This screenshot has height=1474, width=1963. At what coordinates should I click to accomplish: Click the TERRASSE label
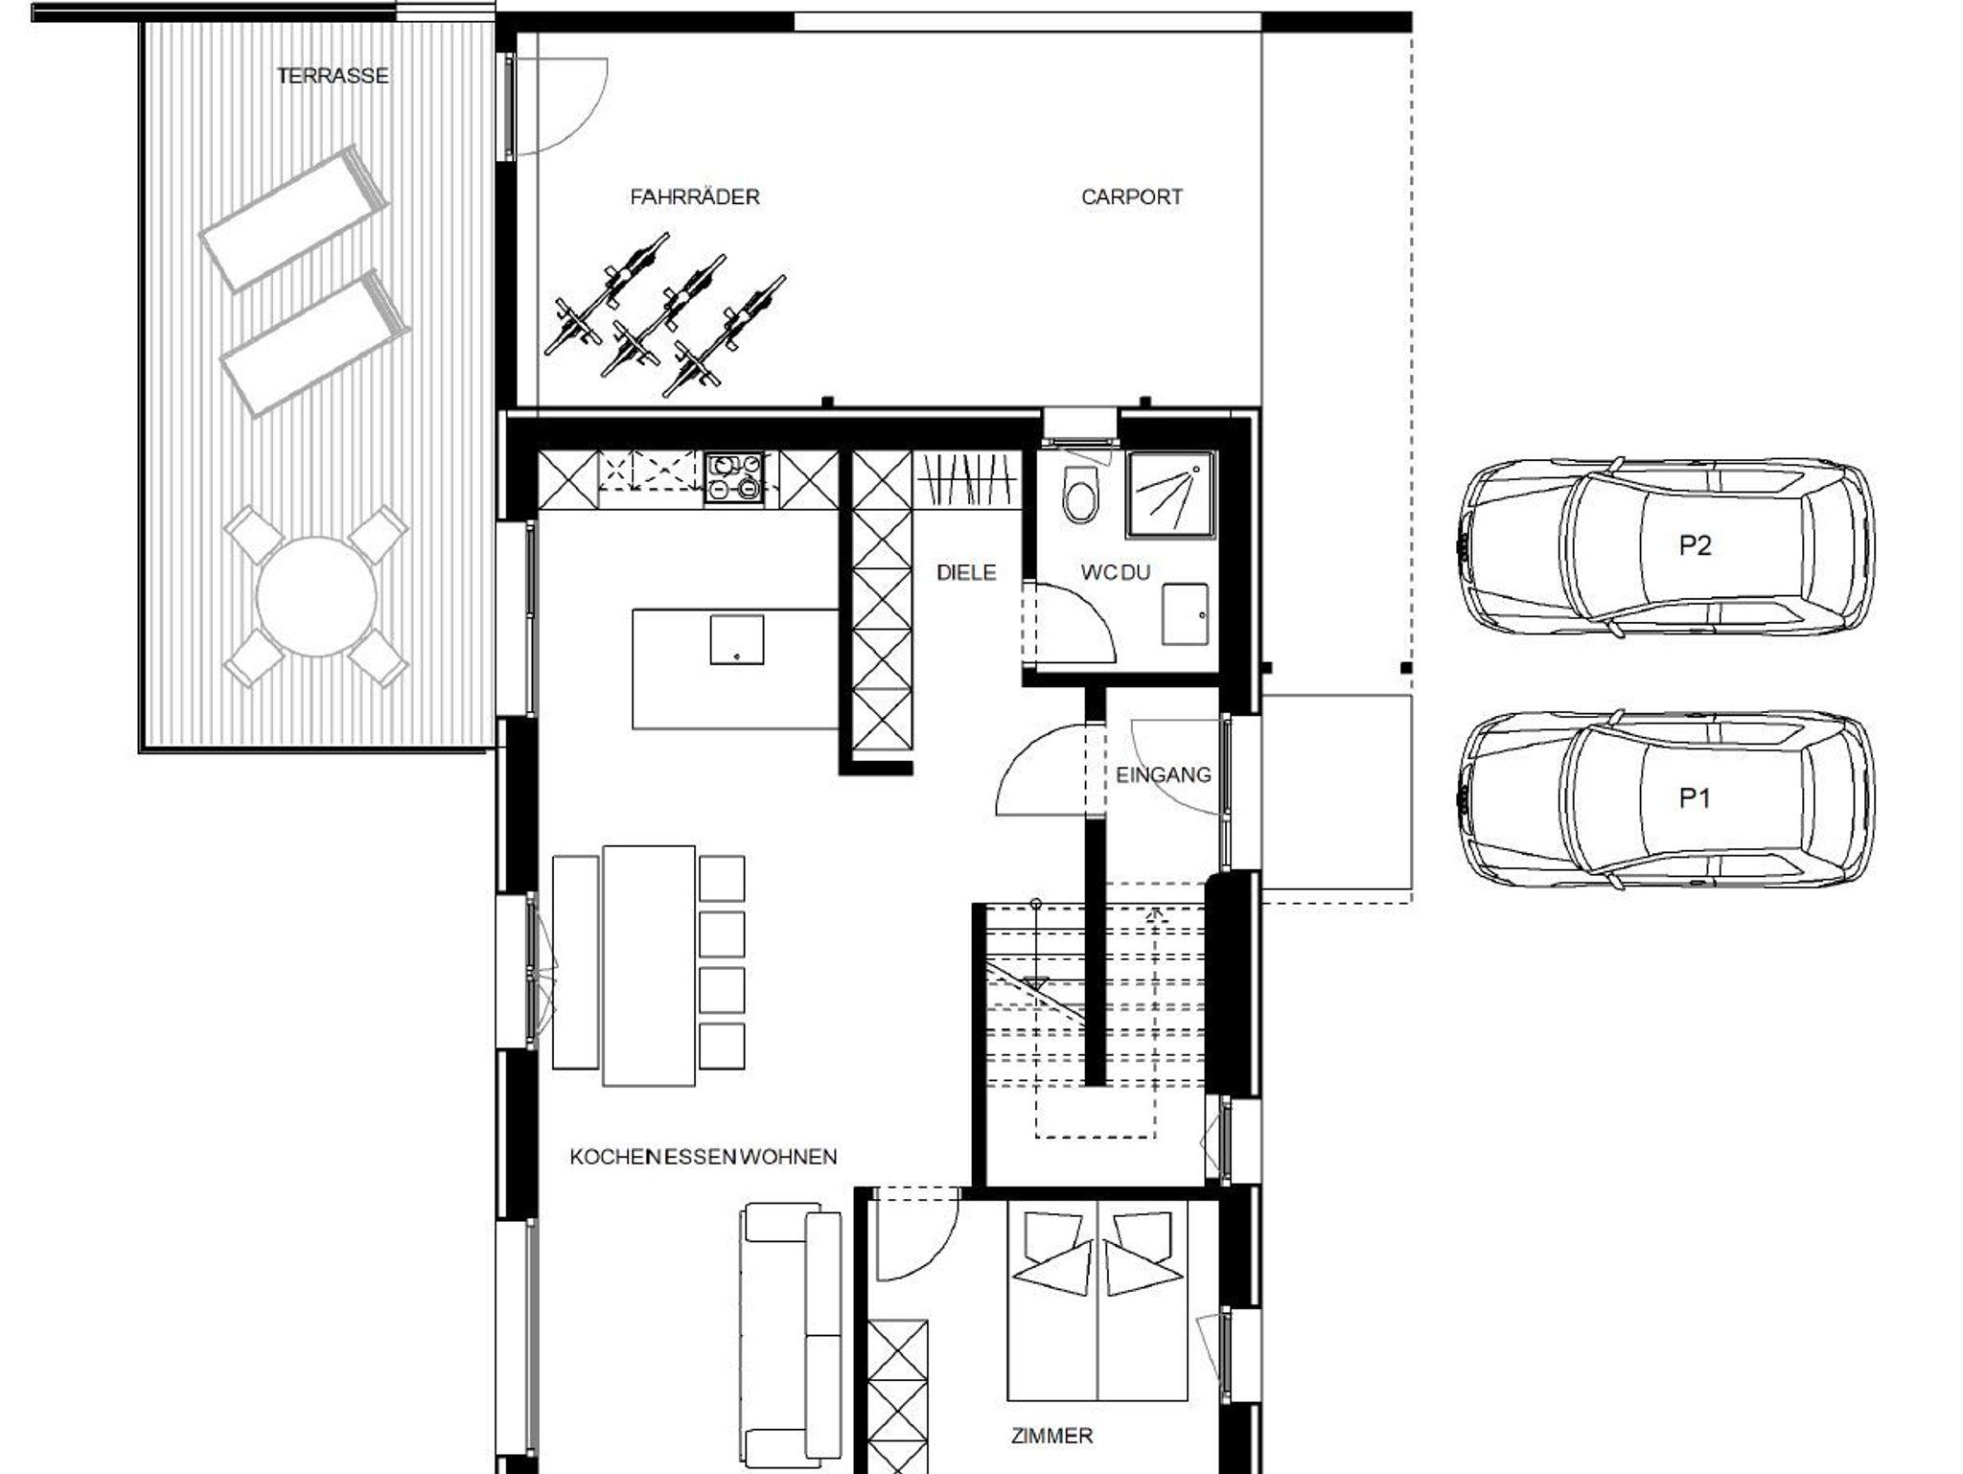[333, 76]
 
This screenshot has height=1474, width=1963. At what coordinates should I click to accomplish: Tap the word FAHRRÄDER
[695, 196]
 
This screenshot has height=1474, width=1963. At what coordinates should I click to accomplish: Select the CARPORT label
[1132, 196]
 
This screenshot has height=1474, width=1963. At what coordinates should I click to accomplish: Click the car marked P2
[1666, 546]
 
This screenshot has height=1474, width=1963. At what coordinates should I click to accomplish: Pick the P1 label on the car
[1695, 797]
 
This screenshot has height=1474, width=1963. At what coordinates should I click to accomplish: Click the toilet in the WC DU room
[1079, 495]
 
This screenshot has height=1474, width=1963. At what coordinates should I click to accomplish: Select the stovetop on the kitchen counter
[735, 477]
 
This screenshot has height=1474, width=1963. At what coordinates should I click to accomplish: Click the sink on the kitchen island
[737, 640]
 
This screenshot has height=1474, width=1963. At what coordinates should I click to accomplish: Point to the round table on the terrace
[316, 596]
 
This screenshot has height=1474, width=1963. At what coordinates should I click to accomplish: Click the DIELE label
[966, 572]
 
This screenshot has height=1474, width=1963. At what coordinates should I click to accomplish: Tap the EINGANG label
[1164, 774]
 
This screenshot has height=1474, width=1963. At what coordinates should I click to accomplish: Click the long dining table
[649, 965]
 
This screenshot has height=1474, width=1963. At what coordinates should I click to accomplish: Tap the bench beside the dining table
[575, 962]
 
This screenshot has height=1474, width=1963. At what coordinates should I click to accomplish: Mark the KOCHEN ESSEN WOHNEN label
[704, 1157]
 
